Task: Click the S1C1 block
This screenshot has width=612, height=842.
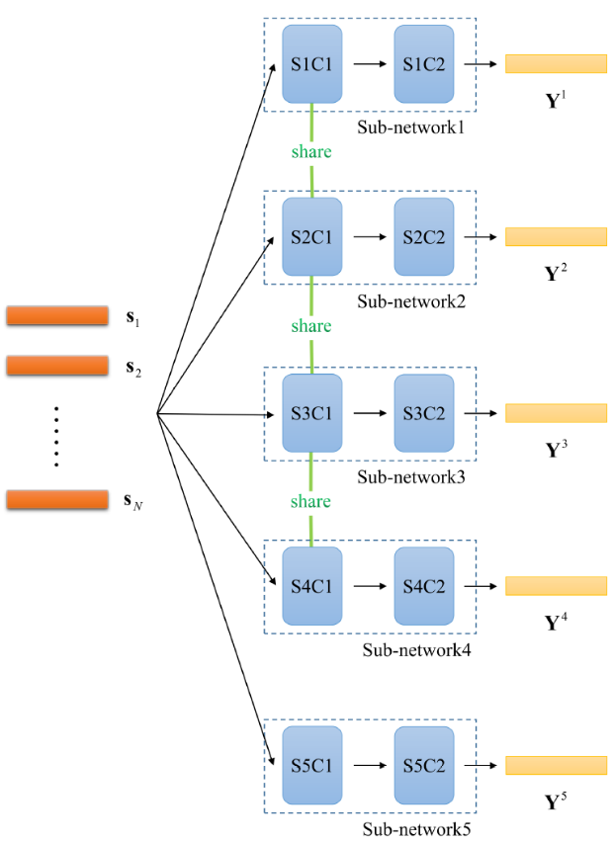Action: [x=311, y=64]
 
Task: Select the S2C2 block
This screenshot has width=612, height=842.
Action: [x=424, y=237]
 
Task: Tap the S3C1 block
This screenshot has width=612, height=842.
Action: [x=311, y=413]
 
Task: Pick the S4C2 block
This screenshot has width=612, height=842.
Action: [x=424, y=586]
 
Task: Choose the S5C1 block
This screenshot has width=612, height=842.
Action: [x=311, y=765]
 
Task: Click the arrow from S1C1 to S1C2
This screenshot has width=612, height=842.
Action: [x=368, y=64]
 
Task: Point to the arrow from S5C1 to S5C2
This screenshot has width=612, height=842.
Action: [x=368, y=765]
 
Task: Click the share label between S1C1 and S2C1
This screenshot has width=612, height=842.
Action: [x=311, y=152]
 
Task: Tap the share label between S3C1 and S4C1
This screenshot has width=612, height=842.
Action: [x=311, y=502]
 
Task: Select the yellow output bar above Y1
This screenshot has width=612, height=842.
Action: [x=556, y=64]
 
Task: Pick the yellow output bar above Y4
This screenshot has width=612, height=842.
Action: [x=556, y=586]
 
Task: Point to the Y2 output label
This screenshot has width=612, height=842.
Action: [x=557, y=271]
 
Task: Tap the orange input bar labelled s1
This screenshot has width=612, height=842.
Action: [x=57, y=316]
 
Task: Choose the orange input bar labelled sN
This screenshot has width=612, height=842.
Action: [x=57, y=500]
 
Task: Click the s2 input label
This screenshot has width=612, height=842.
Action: [x=133, y=370]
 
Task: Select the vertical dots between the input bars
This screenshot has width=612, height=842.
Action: [x=56, y=435]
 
